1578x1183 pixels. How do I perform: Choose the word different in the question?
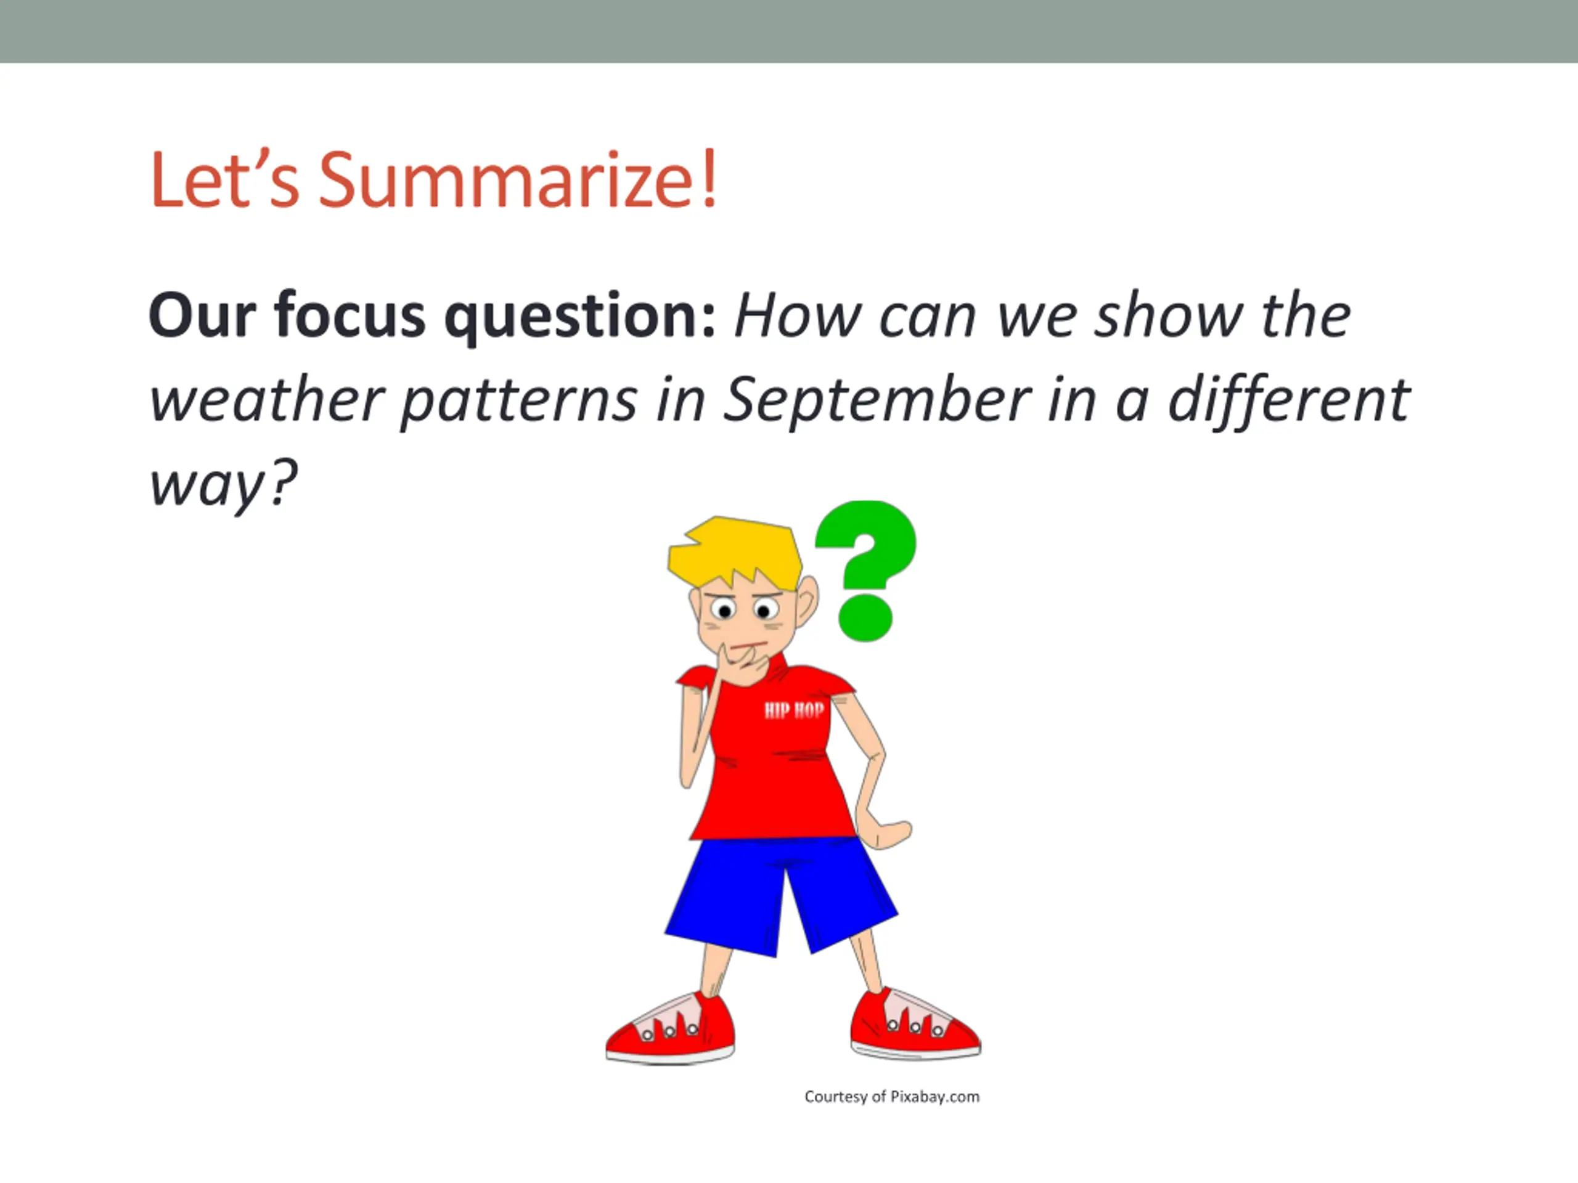(1289, 399)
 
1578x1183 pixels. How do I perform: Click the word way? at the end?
(223, 485)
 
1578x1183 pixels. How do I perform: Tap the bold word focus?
(350, 315)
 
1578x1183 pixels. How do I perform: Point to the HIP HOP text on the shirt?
(794, 710)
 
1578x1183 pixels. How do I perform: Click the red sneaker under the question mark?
(915, 1024)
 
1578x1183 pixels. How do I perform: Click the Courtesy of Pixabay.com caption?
(892, 1097)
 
